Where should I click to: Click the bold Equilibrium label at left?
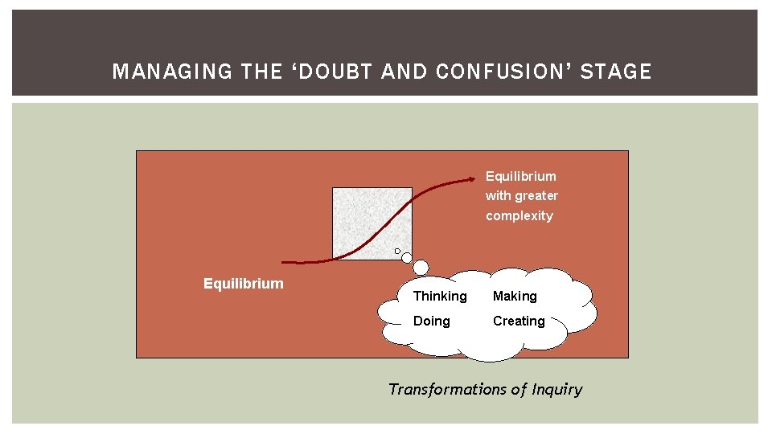coord(244,283)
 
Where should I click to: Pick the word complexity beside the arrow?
coord(519,215)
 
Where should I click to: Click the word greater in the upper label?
coord(536,195)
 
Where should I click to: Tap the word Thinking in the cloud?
coord(440,296)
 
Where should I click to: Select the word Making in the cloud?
coord(515,296)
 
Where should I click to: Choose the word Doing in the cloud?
coord(432,321)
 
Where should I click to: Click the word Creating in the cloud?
coord(519,321)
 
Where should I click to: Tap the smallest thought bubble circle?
coord(397,251)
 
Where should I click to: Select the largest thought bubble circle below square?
coord(421,268)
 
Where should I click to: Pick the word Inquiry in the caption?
coord(556,389)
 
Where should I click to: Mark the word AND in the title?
coord(405,72)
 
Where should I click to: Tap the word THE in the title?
coord(261,72)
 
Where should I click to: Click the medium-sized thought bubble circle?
coord(407,258)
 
